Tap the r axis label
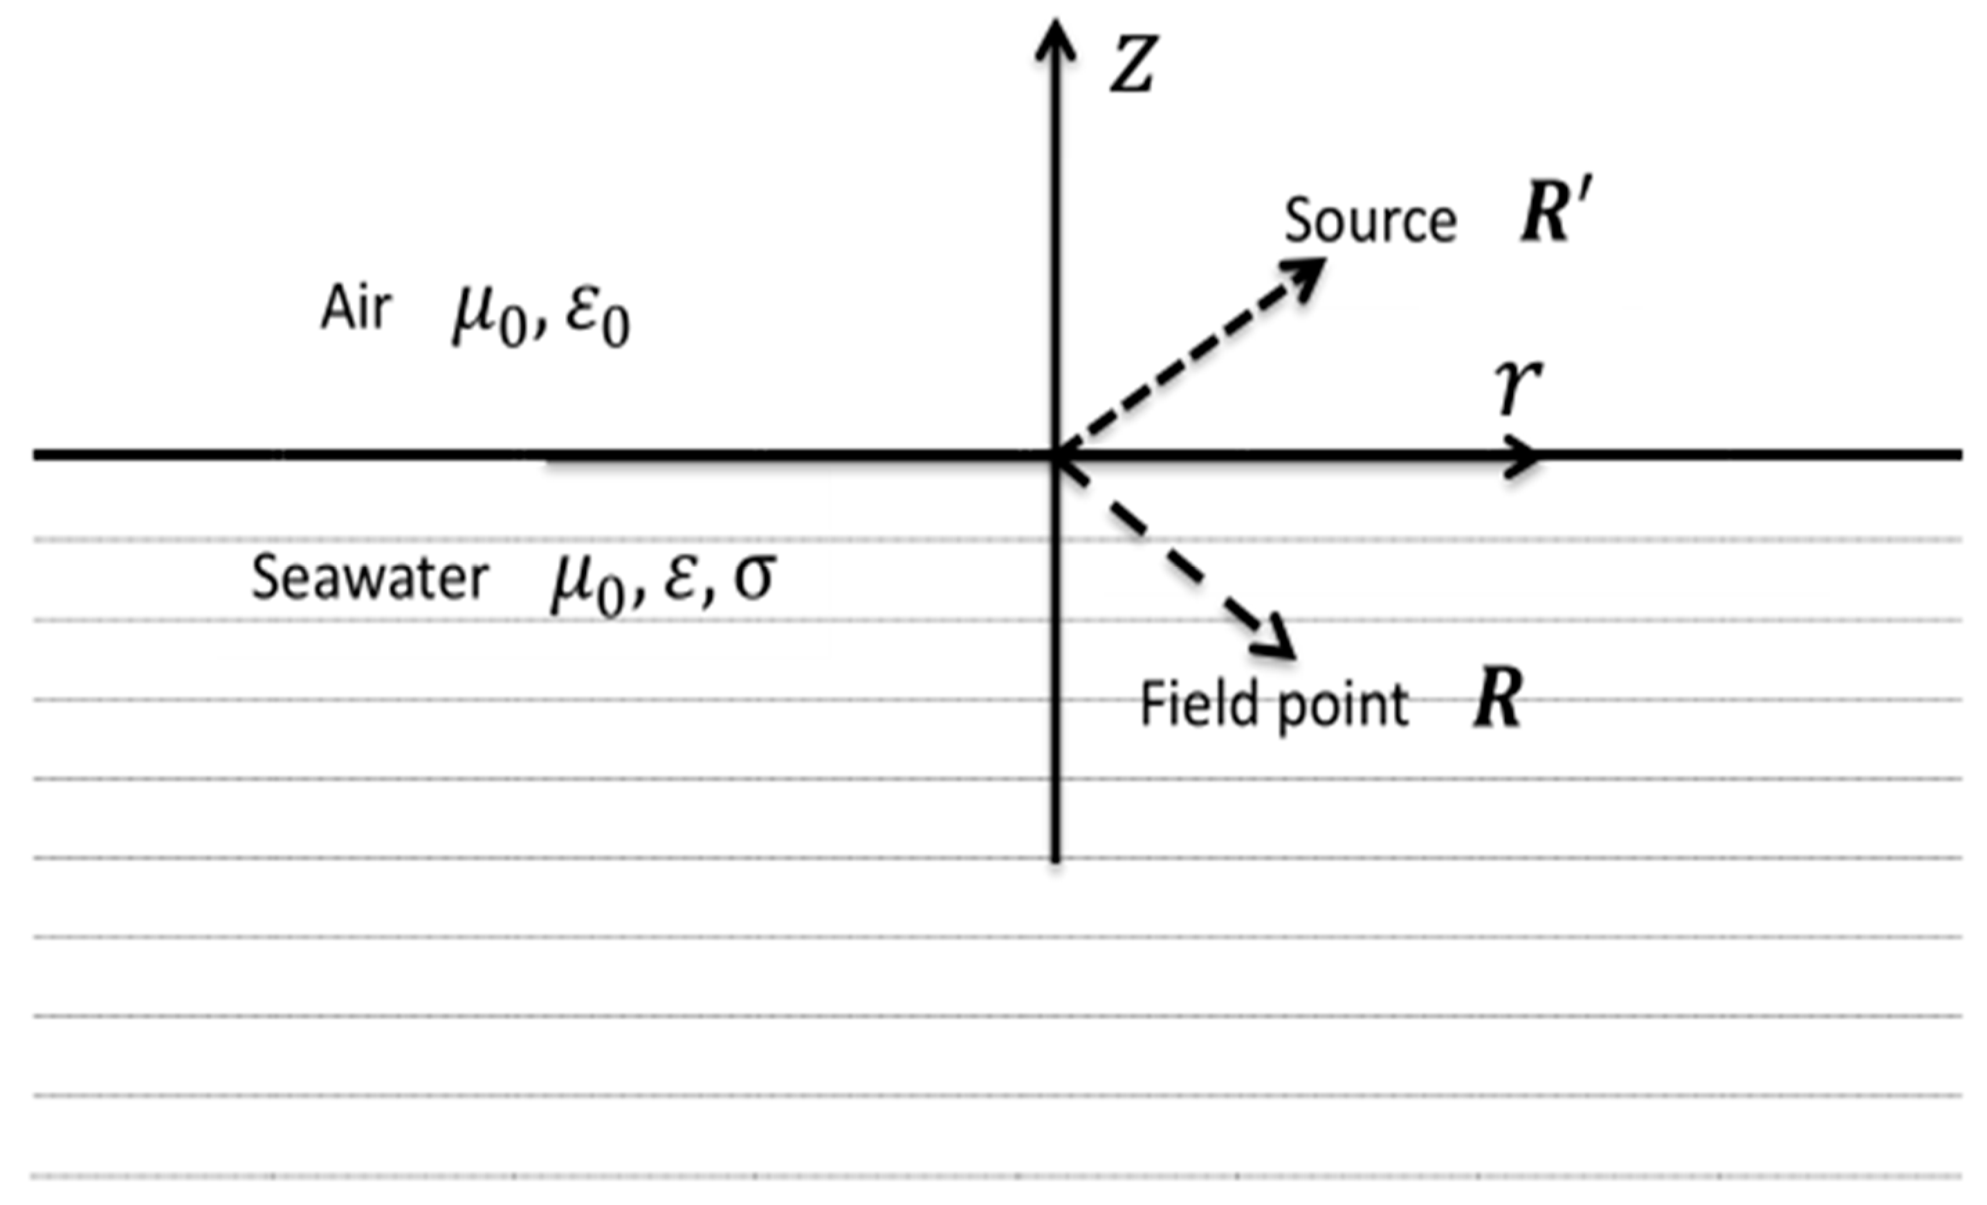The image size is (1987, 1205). coord(1518,388)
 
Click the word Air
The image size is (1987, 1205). coord(356,309)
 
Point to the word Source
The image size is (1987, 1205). coord(1370,220)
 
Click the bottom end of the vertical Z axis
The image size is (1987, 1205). coord(1056,858)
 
